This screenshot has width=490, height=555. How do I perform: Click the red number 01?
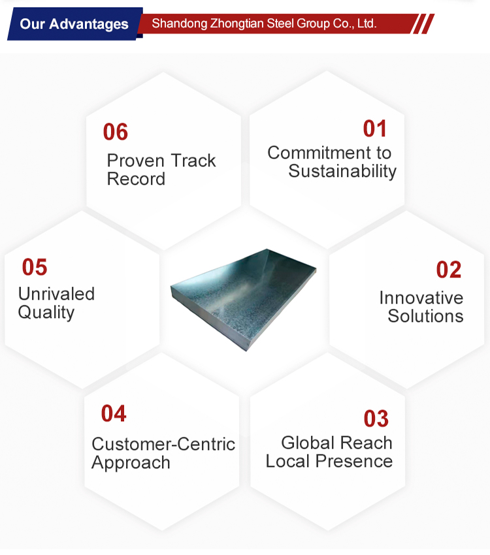(x=374, y=129)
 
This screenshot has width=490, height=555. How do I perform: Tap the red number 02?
(x=449, y=270)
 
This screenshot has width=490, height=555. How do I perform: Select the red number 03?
(x=376, y=419)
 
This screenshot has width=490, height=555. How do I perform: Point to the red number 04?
(x=114, y=413)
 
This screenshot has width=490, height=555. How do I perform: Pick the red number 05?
(x=35, y=267)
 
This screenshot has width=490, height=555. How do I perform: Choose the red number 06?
(x=116, y=132)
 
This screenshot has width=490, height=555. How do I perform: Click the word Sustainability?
(x=342, y=171)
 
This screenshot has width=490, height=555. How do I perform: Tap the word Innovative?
(x=421, y=298)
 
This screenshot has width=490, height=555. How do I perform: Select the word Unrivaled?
(x=56, y=294)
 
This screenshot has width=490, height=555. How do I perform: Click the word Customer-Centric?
(x=163, y=444)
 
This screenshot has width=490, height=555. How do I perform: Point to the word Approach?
(x=131, y=463)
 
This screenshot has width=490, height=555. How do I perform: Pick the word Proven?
(x=135, y=161)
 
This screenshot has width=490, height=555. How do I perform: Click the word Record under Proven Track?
(x=136, y=179)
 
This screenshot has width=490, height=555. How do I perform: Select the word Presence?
(x=353, y=461)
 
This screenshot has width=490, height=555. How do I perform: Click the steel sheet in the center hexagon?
(x=243, y=298)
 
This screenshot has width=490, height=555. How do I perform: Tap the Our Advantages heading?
(x=74, y=24)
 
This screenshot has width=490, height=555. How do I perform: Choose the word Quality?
(x=46, y=313)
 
